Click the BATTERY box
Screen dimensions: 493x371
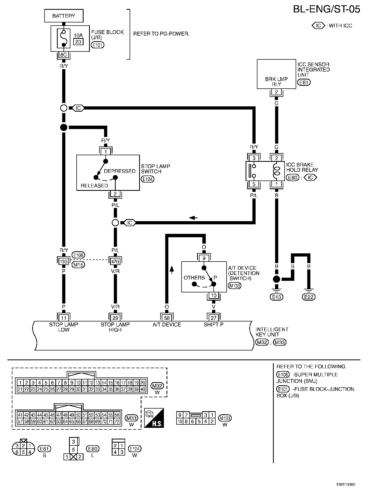pos(64,16)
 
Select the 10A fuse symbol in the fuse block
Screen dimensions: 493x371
pos(64,39)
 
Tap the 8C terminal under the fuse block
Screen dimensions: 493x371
pos(64,55)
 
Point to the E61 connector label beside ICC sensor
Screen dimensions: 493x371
pos(304,82)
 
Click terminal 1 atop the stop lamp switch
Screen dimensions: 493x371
pos(106,152)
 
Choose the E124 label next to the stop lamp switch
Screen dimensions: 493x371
pos(148,179)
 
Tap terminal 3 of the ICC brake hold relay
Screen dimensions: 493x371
pos(254,158)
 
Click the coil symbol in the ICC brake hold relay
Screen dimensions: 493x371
pos(276,171)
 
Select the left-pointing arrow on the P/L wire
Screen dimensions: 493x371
pos(193,218)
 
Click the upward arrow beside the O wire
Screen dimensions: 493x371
pos(172,270)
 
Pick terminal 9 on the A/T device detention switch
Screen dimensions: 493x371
pos(204,258)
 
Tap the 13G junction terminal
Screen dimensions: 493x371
pos(64,262)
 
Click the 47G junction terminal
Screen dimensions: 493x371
pos(115,262)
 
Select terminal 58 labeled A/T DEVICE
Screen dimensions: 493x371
pos(167,318)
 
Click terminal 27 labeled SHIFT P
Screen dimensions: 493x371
pos(214,318)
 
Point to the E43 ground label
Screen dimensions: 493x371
pos(276,297)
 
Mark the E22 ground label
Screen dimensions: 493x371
pos(309,297)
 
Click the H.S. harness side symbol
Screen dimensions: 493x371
pos(154,418)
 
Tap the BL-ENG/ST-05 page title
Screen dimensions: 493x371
pos(326,10)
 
